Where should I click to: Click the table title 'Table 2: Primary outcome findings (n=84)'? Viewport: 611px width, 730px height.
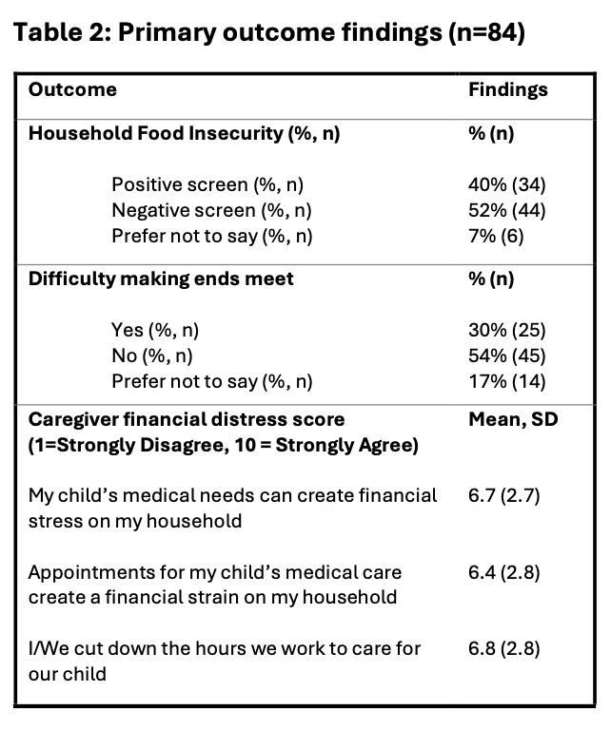coord(269,32)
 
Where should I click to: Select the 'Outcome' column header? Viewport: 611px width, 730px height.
coord(72,89)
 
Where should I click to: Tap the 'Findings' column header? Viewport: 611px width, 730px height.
coord(508,90)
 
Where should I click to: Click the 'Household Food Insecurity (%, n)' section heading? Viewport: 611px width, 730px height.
coord(184,134)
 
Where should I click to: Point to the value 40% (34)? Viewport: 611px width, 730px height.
coord(506,184)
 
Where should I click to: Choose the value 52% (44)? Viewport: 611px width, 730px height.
coord(506,210)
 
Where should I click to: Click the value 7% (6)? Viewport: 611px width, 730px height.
coord(496,236)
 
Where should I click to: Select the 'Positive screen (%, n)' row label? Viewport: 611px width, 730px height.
coord(207,184)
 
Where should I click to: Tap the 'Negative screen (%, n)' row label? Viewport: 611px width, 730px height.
coord(211,210)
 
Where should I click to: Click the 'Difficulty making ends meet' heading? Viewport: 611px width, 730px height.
coord(161,279)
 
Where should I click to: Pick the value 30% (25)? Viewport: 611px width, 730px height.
coord(506,330)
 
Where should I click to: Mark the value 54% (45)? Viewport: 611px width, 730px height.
coord(506,355)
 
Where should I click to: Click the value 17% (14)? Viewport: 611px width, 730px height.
coord(506,381)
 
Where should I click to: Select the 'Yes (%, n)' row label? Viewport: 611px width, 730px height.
coord(155,330)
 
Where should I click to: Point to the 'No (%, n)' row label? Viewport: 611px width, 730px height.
coord(152,355)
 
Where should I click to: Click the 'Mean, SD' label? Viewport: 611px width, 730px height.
coord(513,419)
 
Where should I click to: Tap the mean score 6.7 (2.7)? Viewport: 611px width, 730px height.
coord(503,496)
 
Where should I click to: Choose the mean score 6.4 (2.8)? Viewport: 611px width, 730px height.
coord(503,572)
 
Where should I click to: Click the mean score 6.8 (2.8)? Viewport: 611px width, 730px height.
coord(503,648)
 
